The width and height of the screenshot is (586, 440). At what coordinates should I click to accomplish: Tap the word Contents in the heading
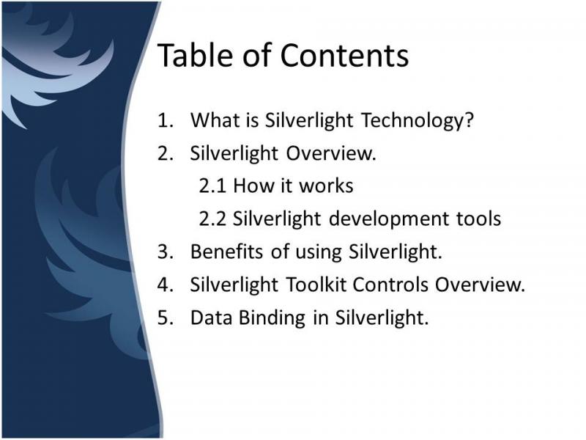tap(344, 56)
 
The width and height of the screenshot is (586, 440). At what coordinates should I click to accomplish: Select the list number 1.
tap(166, 120)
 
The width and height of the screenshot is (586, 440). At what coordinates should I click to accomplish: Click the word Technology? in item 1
tap(418, 121)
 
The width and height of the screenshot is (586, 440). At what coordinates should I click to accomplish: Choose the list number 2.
tap(166, 153)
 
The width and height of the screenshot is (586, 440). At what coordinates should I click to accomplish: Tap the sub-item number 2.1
tap(212, 186)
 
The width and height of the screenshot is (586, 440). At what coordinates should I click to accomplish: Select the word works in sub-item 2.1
tap(326, 186)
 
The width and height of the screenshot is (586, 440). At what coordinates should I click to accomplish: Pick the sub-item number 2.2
tap(212, 219)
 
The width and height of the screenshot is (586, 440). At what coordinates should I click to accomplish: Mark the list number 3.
tap(166, 252)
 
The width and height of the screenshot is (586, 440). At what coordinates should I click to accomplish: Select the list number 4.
tap(166, 285)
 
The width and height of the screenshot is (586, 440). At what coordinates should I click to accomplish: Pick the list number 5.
tap(166, 318)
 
